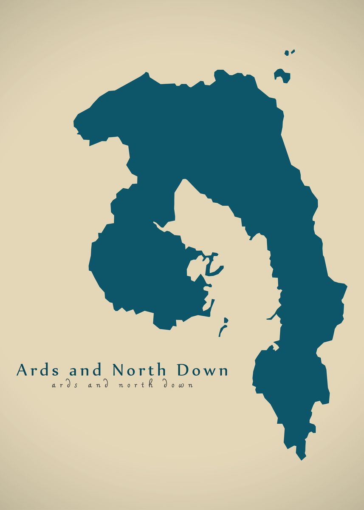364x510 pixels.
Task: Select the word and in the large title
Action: click(85, 370)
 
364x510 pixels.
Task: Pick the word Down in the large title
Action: click(203, 370)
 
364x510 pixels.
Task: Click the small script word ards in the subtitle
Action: click(63, 385)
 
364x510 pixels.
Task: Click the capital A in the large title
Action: click(22, 370)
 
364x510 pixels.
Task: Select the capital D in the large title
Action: click(183, 370)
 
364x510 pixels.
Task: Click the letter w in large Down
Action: click(211, 371)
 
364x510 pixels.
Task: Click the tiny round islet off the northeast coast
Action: click(287, 53)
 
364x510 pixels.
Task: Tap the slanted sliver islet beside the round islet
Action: click(293, 51)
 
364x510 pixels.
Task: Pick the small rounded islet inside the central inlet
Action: click(226, 320)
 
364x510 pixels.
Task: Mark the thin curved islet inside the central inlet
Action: click(221, 330)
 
